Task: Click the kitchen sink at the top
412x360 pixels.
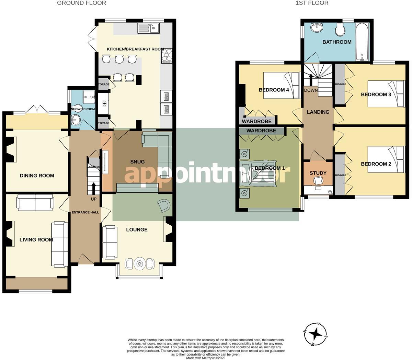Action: tap(149, 28)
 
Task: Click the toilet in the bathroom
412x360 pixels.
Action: tap(340, 30)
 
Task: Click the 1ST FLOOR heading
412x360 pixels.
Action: tap(312, 3)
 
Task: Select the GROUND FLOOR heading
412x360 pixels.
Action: tap(81, 3)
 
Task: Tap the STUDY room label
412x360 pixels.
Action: tap(318, 173)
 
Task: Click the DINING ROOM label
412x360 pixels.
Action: tap(37, 176)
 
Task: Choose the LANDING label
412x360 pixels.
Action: tap(318, 112)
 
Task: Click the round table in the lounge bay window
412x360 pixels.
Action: tap(140, 264)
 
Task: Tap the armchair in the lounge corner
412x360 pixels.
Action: tap(164, 206)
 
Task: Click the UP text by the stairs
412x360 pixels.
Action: tap(94, 199)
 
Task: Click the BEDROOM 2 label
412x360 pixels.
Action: tap(376, 164)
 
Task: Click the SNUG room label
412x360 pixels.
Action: tap(137, 162)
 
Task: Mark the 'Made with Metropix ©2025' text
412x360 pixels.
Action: tap(206, 358)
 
